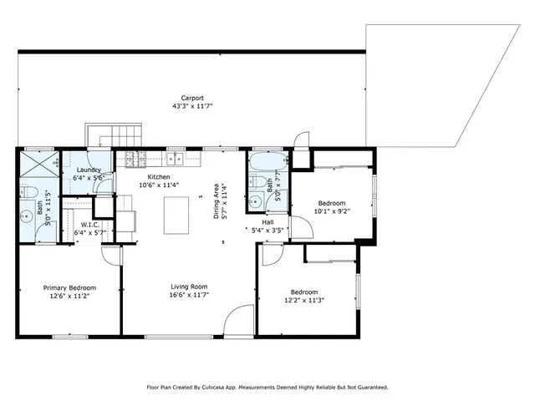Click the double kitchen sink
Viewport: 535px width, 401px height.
176,157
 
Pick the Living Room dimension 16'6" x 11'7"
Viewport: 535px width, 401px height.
188,295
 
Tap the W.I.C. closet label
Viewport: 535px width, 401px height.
90,224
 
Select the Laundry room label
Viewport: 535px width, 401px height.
88,170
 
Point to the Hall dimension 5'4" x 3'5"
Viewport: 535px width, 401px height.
266,229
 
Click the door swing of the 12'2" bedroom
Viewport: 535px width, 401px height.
272,256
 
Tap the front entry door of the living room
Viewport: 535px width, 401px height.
239,321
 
